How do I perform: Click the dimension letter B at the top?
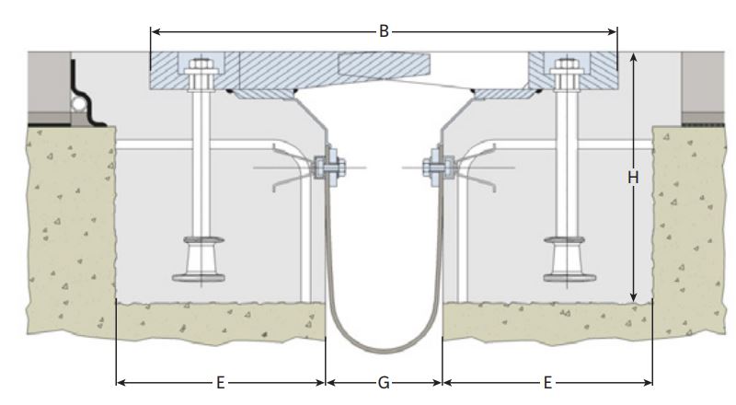point(384,31)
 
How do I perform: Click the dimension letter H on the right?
point(633,178)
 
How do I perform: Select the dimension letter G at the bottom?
point(384,383)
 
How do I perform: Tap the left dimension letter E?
point(220,383)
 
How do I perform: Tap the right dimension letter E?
point(547,383)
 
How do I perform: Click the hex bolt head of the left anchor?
point(201,64)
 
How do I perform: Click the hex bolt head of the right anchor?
point(567,64)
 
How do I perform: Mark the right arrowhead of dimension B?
point(612,31)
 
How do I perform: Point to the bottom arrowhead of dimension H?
point(634,296)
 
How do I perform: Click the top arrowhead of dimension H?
point(634,58)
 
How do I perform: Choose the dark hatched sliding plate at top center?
point(384,64)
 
